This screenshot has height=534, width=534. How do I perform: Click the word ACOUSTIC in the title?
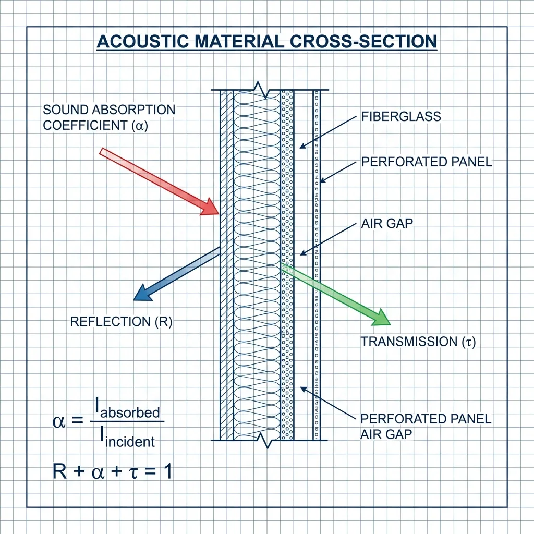click(x=143, y=42)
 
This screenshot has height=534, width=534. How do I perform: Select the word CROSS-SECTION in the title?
click(x=363, y=42)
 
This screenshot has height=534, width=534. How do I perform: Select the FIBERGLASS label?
click(x=401, y=117)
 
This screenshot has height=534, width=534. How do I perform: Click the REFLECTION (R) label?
click(x=121, y=322)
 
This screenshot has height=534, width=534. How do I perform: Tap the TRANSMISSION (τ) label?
click(x=418, y=342)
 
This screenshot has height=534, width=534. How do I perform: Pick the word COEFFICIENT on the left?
click(x=85, y=126)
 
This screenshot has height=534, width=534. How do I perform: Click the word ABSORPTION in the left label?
click(x=133, y=110)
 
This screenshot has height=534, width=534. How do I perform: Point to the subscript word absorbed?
click(x=130, y=412)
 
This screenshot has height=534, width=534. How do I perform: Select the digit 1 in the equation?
click(x=167, y=472)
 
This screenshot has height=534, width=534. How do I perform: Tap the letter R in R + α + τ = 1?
click(x=60, y=472)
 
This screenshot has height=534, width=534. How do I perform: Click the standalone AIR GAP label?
click(x=387, y=224)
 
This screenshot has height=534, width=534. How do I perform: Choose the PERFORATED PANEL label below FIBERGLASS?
click(x=427, y=162)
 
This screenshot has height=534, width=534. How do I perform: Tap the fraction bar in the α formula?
click(x=127, y=421)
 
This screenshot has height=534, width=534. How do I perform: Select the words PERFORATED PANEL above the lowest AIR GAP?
click(x=426, y=419)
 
